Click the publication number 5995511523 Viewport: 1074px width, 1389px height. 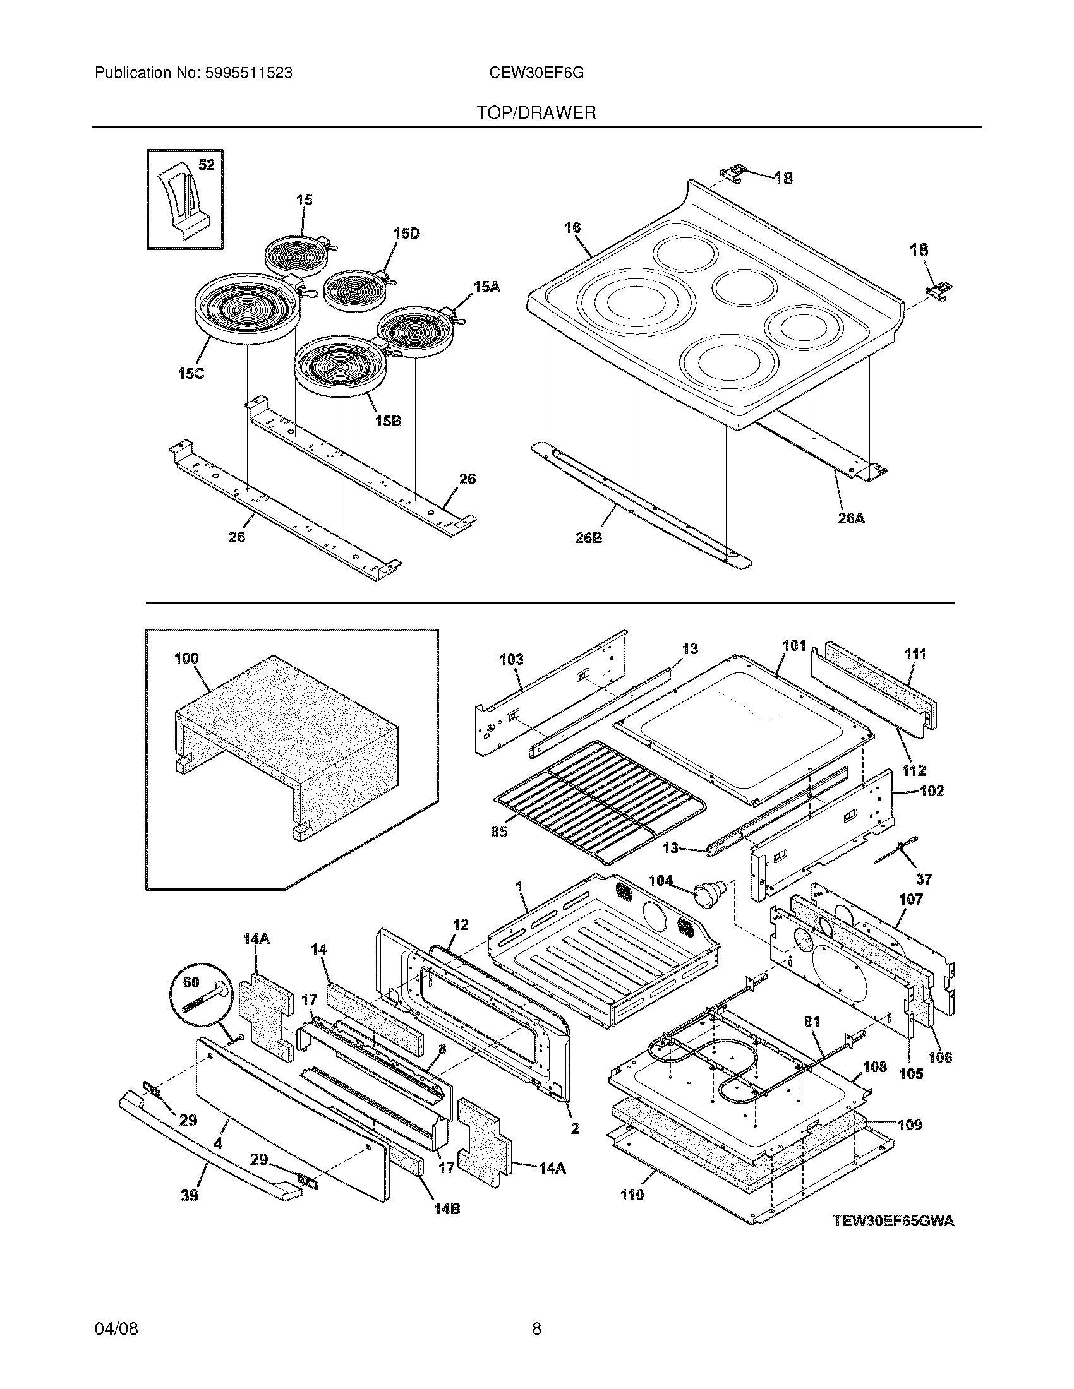pos(248,73)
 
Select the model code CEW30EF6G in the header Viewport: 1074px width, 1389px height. pos(536,73)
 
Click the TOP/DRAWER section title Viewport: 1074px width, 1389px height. pos(536,113)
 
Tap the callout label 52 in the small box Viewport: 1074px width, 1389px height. pos(206,165)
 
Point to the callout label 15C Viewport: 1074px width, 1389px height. pos(191,373)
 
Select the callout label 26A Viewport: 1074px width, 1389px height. pos(851,518)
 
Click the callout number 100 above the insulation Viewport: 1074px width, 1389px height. pos(186,659)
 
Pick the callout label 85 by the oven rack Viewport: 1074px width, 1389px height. pos(499,832)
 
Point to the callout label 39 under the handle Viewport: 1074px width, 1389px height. pos(189,1195)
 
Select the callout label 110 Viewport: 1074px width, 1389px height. pos(632,1195)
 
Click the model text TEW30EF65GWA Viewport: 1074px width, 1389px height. pos(894,1221)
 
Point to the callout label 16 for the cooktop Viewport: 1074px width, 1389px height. pos(572,227)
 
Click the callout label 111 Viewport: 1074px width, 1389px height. pos(915,654)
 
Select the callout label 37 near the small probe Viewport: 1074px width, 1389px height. pos(924,879)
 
